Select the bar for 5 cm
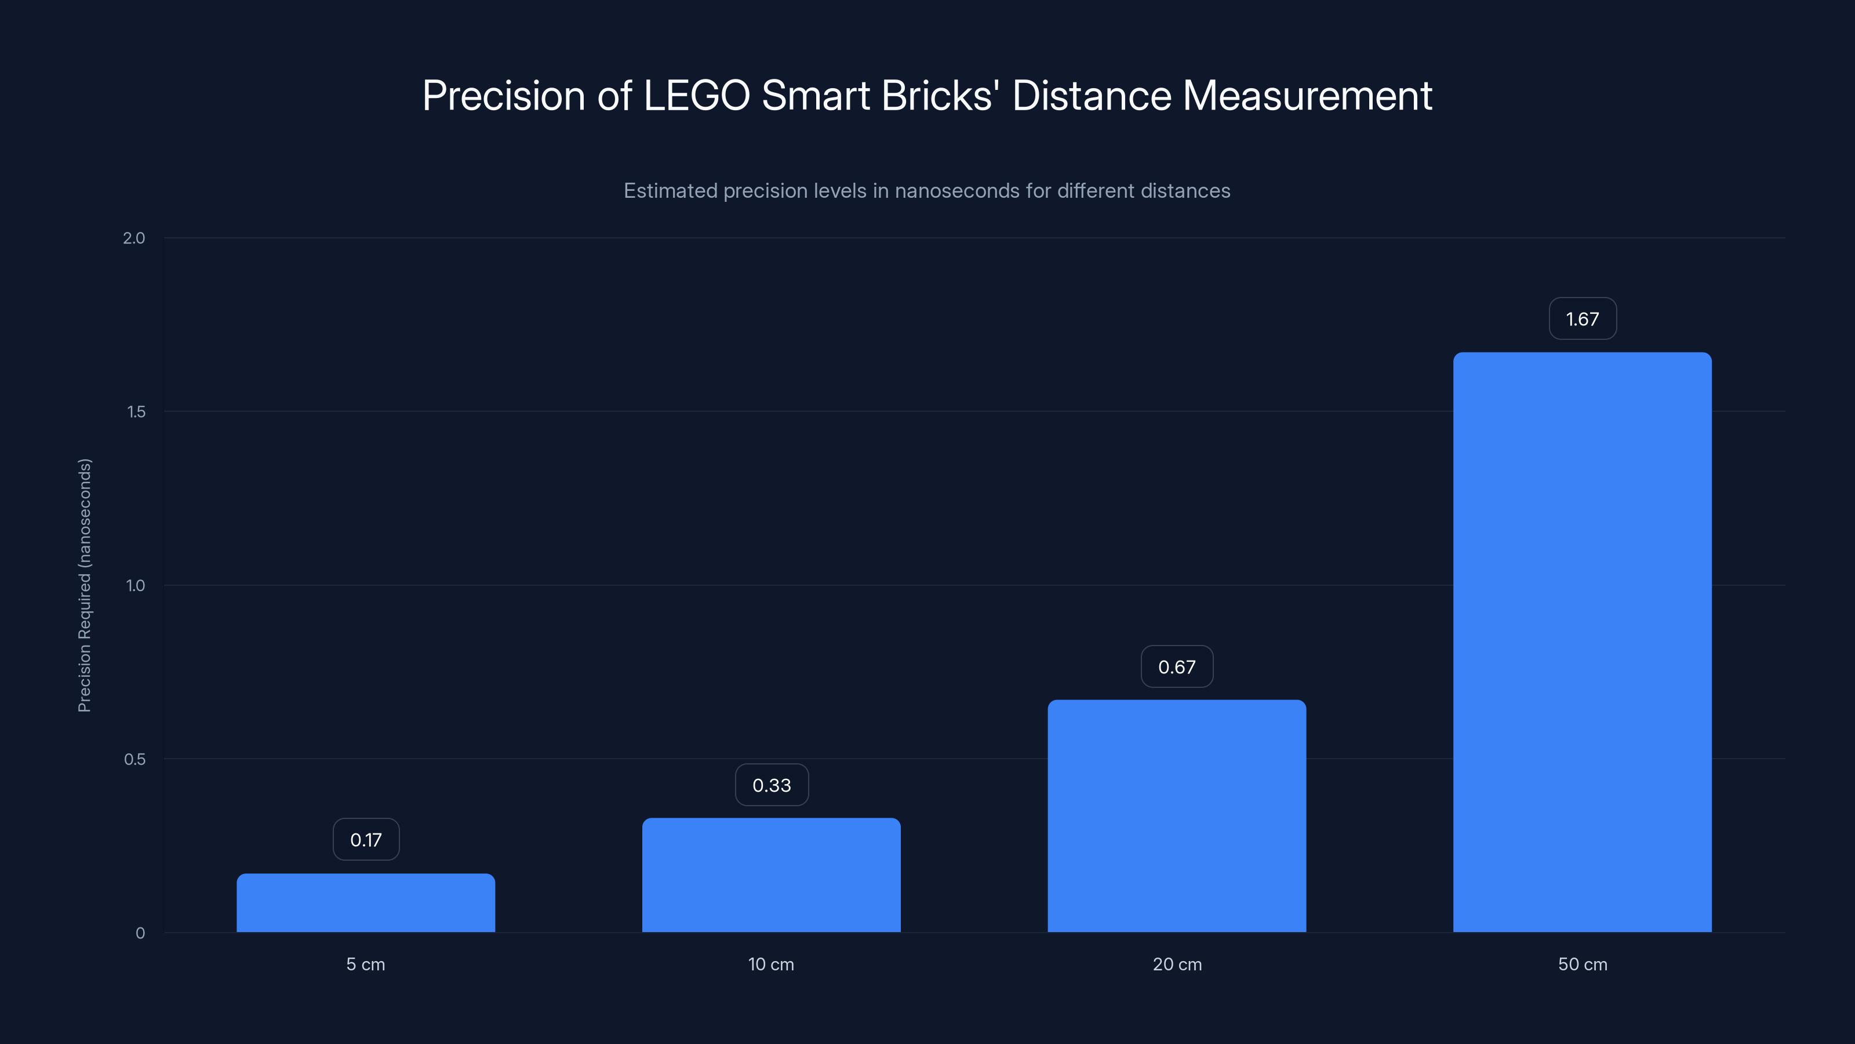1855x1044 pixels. click(366, 903)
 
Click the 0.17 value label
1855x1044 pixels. click(366, 839)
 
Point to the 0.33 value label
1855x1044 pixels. click(771, 785)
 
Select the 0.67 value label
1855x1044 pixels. click(1177, 666)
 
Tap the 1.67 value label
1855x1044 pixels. click(1582, 318)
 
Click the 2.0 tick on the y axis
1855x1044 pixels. click(134, 238)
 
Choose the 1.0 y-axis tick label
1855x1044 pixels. click(136, 585)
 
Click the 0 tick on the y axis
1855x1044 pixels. click(140, 933)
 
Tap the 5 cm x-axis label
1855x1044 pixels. click(366, 964)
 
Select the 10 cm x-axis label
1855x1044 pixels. click(771, 964)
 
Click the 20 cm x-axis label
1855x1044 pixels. click(1177, 964)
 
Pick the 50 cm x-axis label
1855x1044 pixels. click(1582, 964)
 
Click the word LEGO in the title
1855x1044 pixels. click(696, 96)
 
